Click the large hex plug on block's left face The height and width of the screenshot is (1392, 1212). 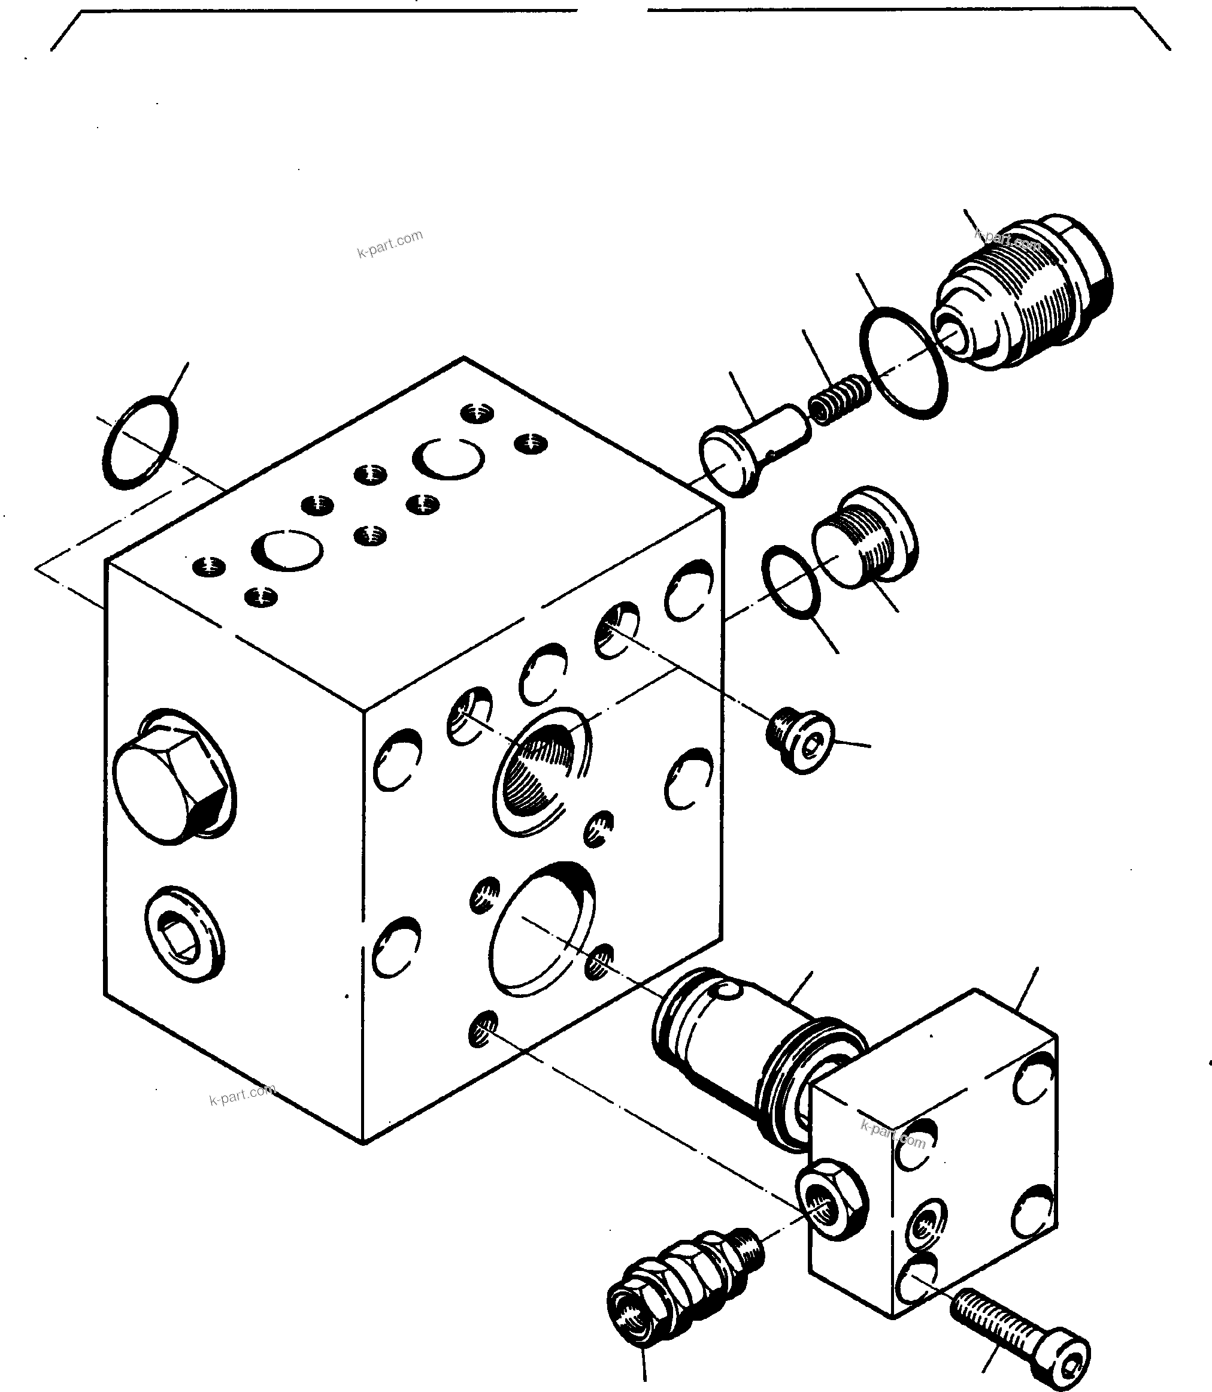[169, 778]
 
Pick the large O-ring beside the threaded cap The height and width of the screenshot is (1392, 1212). [902, 362]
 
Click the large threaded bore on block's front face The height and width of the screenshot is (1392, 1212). [538, 771]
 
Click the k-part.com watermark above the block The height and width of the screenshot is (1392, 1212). [390, 244]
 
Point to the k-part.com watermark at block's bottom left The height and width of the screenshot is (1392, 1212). [241, 1095]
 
